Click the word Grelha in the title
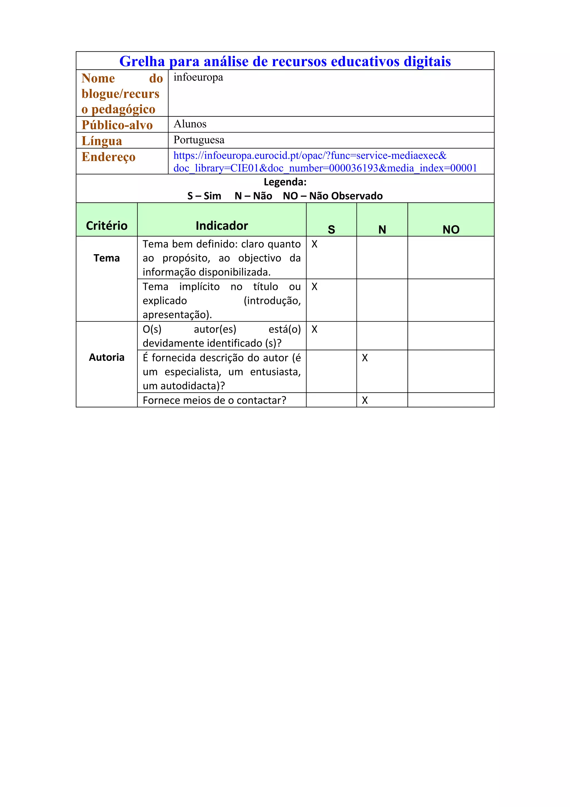[x=142, y=62]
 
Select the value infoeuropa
[x=198, y=77]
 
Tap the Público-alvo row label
[x=117, y=125]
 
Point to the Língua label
[x=102, y=141]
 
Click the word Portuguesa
[x=199, y=140]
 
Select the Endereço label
[x=109, y=157]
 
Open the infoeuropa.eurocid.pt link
[x=310, y=155]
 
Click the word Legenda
[x=284, y=182]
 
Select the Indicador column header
[x=222, y=226]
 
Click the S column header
[x=331, y=229]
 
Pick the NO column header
[x=451, y=229]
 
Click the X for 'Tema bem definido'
[x=314, y=244]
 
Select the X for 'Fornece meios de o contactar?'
[x=365, y=400]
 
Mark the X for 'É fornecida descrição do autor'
[x=365, y=358]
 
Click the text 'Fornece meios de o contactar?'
[x=214, y=400]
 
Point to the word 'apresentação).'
[x=177, y=315]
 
